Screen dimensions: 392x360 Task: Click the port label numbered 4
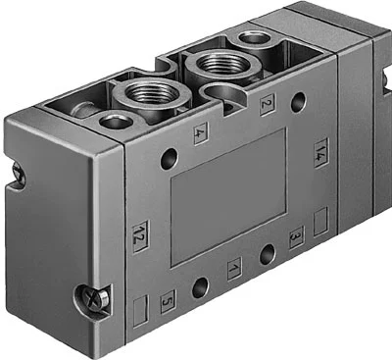click(200, 133)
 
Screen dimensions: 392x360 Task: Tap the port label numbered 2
click(268, 104)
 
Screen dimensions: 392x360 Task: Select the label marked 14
click(320, 153)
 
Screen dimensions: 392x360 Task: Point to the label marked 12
click(140, 237)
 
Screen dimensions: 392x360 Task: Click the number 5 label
click(168, 301)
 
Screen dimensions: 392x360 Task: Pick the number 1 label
click(234, 269)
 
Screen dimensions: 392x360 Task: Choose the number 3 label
click(297, 237)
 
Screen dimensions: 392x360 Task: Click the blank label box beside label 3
click(320, 222)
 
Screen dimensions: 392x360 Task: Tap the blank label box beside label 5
click(141, 311)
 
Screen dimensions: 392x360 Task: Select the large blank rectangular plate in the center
click(228, 197)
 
